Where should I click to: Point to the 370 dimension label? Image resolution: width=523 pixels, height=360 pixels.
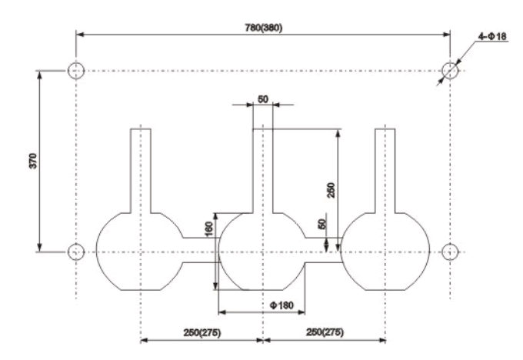32,160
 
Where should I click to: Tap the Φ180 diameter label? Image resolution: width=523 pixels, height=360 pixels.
281,306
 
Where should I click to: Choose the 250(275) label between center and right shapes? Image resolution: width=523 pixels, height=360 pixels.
325,332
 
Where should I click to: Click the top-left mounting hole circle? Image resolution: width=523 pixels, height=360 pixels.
75,71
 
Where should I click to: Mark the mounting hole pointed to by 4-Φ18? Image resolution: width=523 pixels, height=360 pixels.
450,71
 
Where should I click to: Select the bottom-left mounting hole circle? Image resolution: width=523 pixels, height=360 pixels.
75,252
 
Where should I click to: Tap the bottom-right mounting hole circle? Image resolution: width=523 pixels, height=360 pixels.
450,252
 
